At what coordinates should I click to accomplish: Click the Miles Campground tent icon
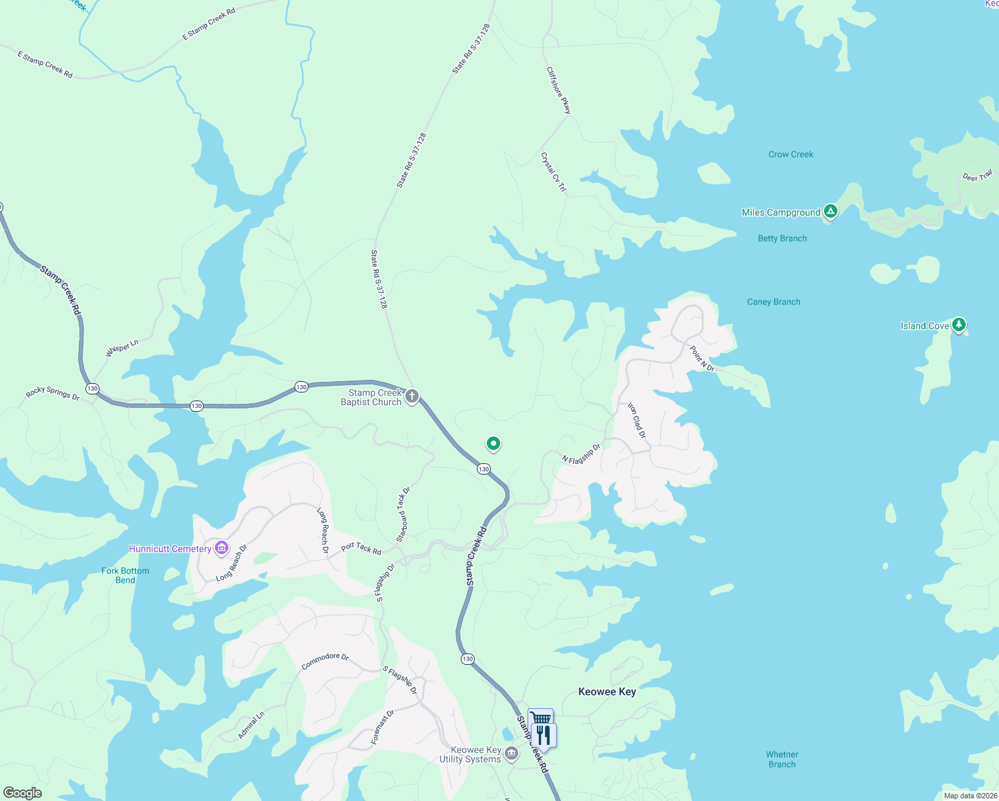point(830,212)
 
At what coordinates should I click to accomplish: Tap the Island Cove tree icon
point(959,325)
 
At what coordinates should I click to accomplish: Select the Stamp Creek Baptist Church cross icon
point(412,396)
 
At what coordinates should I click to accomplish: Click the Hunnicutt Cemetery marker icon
point(222,549)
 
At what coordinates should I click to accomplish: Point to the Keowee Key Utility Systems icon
point(512,754)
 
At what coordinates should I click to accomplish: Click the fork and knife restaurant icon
point(544,736)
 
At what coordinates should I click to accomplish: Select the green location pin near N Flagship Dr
point(493,443)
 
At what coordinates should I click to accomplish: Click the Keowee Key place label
point(607,692)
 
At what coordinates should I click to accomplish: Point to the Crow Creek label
point(791,154)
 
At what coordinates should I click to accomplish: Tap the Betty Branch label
point(782,238)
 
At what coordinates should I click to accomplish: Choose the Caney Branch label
point(773,302)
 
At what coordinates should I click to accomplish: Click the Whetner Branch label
point(782,760)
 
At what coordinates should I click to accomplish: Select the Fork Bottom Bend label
point(126,575)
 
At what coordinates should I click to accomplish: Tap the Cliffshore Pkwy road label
point(559,90)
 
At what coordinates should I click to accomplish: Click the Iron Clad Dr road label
point(637,421)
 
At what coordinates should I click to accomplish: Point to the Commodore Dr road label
point(325,661)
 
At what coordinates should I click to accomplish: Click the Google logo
point(23,793)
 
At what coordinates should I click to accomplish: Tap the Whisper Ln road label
point(122,348)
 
